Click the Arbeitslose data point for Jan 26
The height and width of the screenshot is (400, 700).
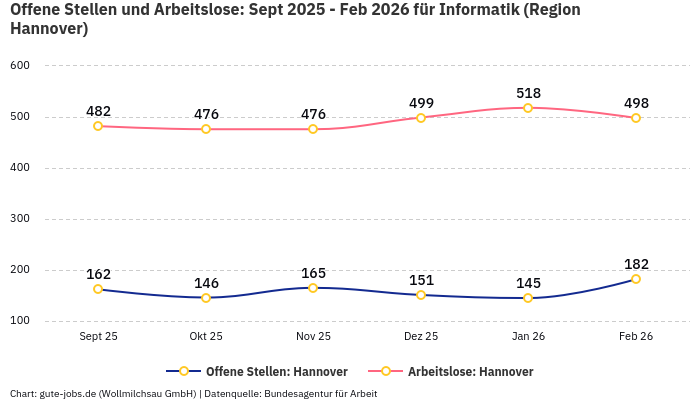pyautogui.click(x=528, y=108)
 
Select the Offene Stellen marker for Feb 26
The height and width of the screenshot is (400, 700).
pyautogui.click(x=636, y=279)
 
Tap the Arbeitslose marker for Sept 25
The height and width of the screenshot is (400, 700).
pyautogui.click(x=98, y=126)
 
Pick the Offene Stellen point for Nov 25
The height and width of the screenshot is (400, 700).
pyautogui.click(x=313, y=288)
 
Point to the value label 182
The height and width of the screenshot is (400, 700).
pyautogui.click(x=636, y=264)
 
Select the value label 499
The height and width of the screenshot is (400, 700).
pyautogui.click(x=421, y=103)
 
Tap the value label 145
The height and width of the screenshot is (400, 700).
pyautogui.click(x=528, y=283)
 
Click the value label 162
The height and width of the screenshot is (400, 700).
pyautogui.click(x=98, y=274)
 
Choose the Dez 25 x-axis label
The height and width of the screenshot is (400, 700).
pyautogui.click(x=421, y=336)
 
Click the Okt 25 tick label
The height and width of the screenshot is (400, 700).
pyautogui.click(x=206, y=336)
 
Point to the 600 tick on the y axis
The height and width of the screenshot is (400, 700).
pyautogui.click(x=21, y=65)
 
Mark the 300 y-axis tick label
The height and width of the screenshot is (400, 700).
pyautogui.click(x=21, y=219)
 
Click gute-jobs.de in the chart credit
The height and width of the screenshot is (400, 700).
pyautogui.click(x=68, y=393)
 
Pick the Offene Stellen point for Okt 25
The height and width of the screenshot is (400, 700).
pyautogui.click(x=206, y=298)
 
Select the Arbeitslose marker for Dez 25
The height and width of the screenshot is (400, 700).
pyautogui.click(x=421, y=118)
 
